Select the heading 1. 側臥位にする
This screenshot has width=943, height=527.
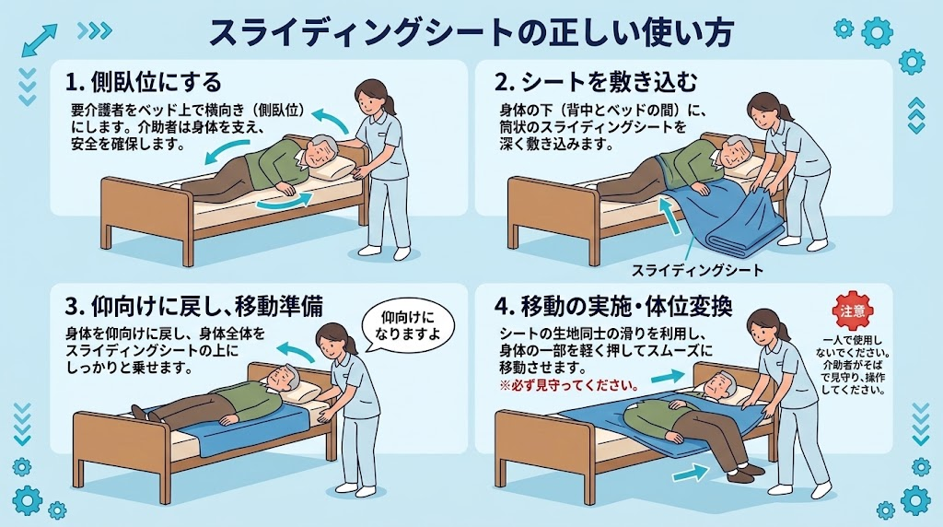[x=144, y=82]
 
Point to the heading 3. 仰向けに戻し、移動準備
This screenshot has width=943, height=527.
[x=193, y=306]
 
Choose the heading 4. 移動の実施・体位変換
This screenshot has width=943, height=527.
[x=612, y=306]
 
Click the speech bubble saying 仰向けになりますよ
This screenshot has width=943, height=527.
[x=408, y=325]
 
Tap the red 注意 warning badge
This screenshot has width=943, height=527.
[x=852, y=311]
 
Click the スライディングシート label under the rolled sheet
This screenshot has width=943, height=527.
[x=696, y=270]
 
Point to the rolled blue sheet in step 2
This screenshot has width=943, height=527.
[x=744, y=236]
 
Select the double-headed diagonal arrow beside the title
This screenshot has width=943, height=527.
[x=39, y=41]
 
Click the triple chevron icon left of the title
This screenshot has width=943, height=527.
[x=95, y=30]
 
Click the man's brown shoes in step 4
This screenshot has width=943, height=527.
[x=746, y=474]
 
